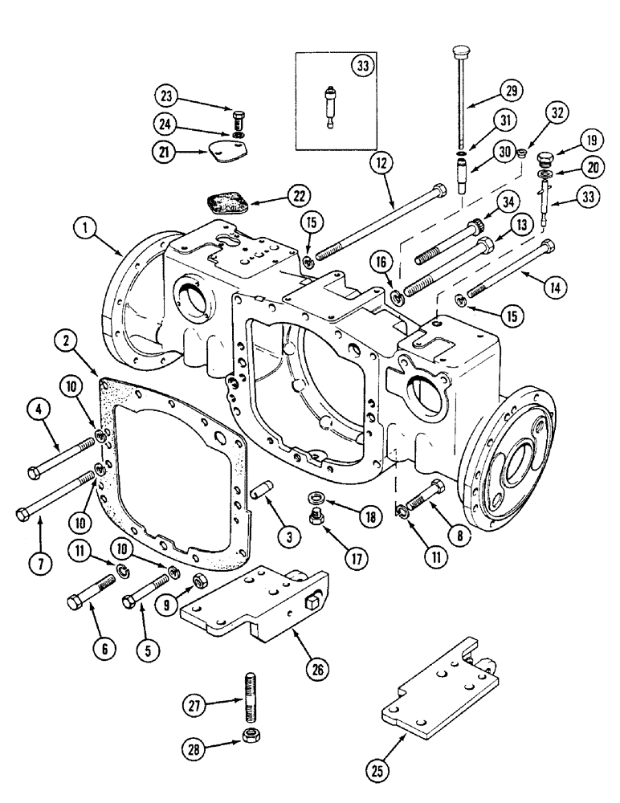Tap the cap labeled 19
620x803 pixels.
[545, 158]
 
